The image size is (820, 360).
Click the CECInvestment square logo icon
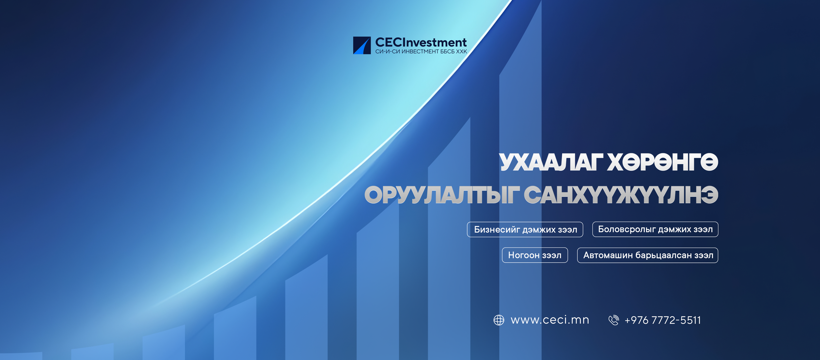tap(362, 45)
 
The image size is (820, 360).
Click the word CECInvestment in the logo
tap(421, 42)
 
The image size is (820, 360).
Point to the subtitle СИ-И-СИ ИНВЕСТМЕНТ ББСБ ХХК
tap(421, 52)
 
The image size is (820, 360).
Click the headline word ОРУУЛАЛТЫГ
tap(441, 195)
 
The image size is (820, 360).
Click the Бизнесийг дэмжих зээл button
tap(525, 229)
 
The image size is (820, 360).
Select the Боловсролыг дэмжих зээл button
tap(655, 229)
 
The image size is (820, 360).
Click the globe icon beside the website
tap(499, 320)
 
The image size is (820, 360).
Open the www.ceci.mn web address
tap(550, 320)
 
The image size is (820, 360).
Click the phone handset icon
tap(614, 320)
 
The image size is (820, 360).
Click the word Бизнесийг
tap(497, 229)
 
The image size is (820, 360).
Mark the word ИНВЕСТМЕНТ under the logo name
tap(420, 52)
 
